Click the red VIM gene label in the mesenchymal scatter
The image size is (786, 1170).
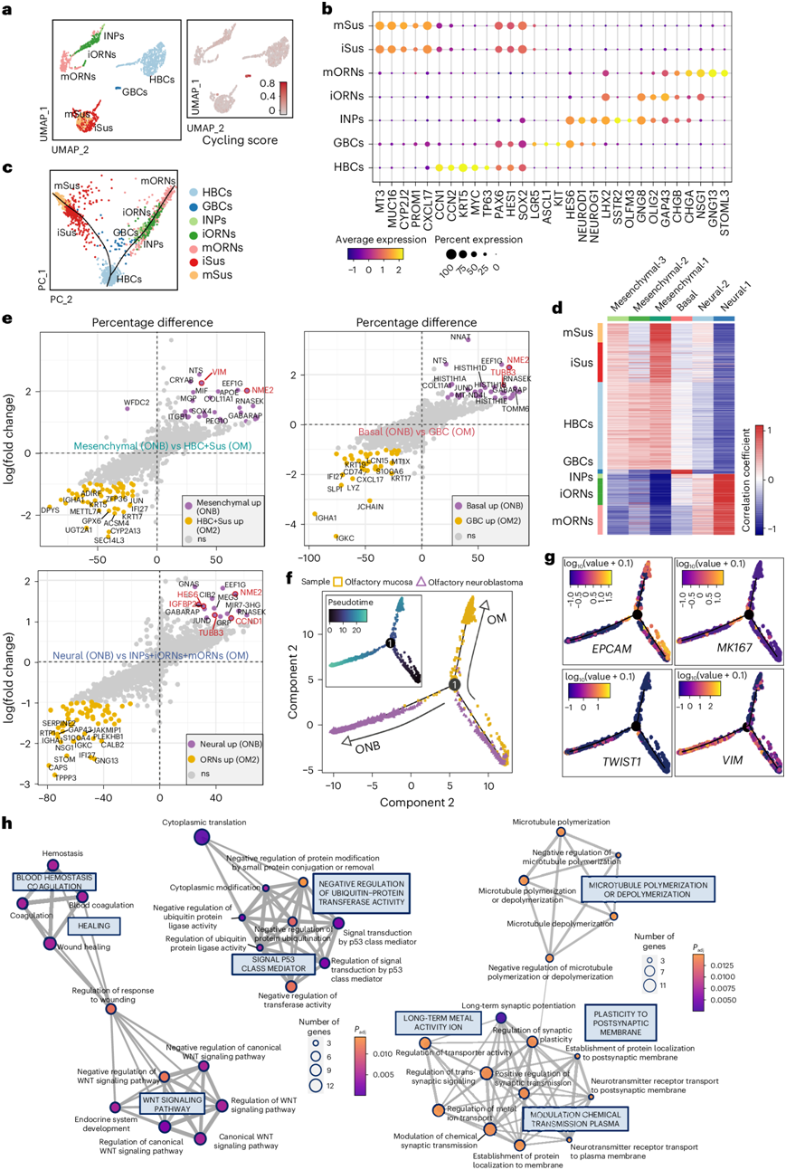[220, 372]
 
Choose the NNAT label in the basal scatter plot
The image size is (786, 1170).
[472, 338]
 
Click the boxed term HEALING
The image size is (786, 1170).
[95, 927]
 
